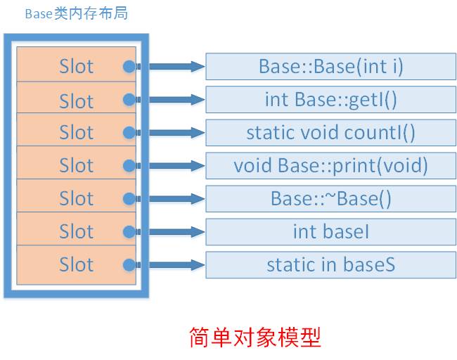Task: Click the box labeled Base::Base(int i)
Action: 330,67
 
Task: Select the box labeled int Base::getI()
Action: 330,100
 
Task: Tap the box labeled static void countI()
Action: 330,132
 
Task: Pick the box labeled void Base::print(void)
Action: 330,166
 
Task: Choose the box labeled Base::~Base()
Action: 330,199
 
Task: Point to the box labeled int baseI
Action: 330,231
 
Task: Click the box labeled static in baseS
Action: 330,264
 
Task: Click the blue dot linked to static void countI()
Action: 129,133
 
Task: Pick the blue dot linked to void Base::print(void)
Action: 129,166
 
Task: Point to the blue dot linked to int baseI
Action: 129,232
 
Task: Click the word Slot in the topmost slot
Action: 76,67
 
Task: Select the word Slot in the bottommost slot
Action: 76,265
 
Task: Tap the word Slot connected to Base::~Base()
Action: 76,199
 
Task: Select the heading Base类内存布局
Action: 77,14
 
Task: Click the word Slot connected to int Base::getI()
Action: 76,101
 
